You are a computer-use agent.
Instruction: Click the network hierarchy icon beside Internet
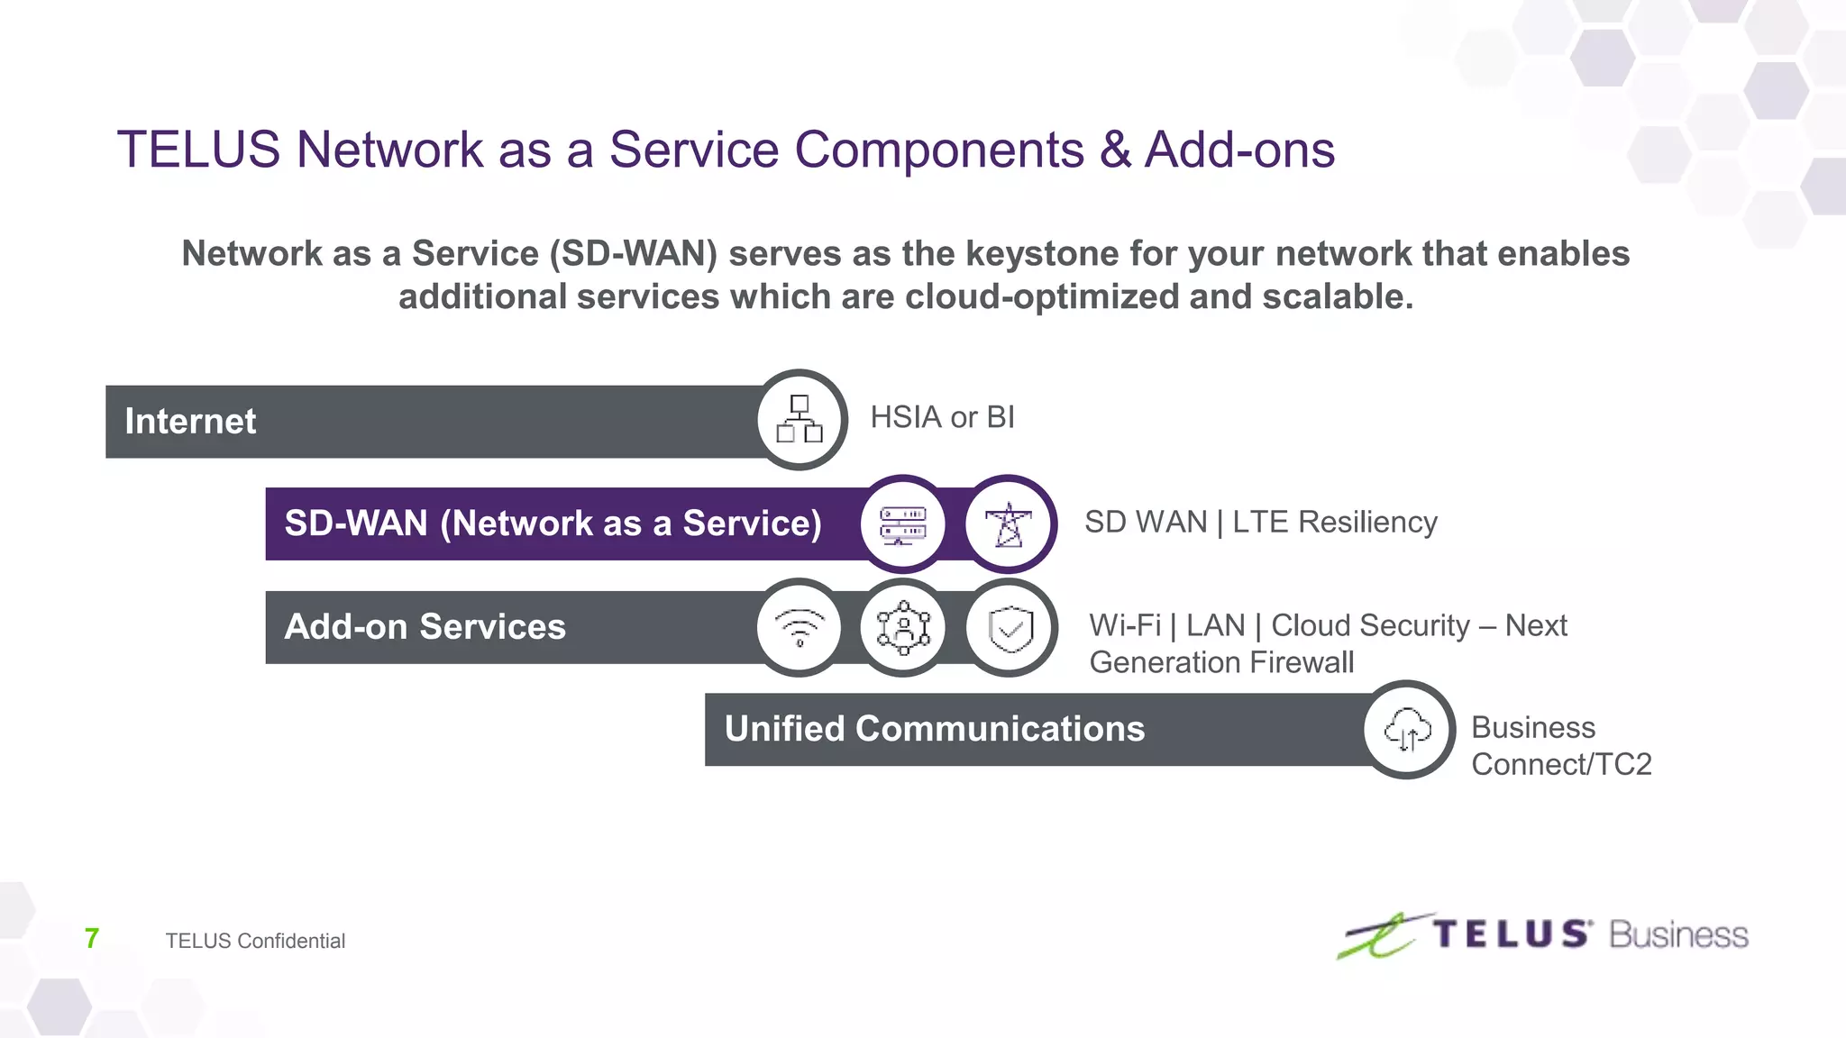click(800, 419)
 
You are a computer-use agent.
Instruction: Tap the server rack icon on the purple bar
click(902, 524)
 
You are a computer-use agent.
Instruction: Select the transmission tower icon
click(1009, 524)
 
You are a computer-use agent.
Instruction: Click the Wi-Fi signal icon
click(800, 627)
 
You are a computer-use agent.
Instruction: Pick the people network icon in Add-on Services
click(902, 627)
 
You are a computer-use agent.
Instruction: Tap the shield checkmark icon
click(1010, 627)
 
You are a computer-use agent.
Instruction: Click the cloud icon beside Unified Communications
click(1407, 729)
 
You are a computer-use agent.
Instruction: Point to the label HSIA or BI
click(942, 417)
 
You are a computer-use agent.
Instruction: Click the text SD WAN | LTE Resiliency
click(1260, 522)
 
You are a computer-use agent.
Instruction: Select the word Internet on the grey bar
click(190, 421)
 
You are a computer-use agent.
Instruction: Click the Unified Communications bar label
click(935, 729)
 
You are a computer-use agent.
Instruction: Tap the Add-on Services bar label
click(425, 626)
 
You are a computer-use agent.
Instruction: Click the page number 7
click(91, 938)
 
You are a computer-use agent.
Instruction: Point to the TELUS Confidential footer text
click(255, 941)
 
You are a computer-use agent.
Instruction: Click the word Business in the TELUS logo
click(1678, 935)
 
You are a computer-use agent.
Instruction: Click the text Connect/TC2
click(1561, 764)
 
